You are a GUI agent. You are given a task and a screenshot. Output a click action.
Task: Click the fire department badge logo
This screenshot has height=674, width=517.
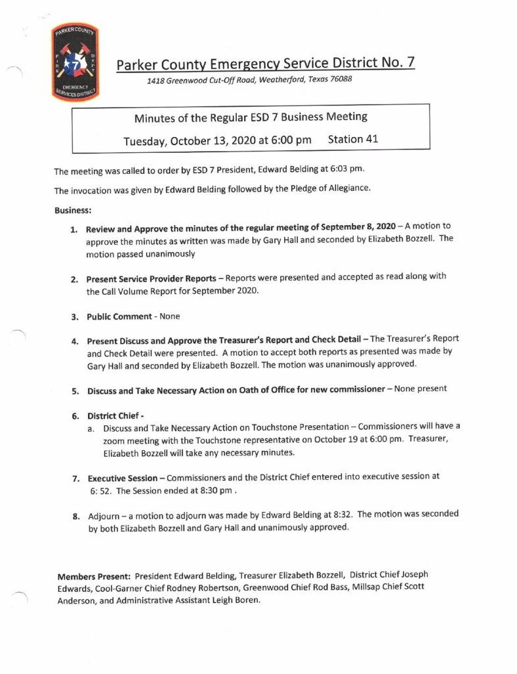(74, 64)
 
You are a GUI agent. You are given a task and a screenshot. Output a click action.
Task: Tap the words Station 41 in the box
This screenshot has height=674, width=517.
(353, 140)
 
